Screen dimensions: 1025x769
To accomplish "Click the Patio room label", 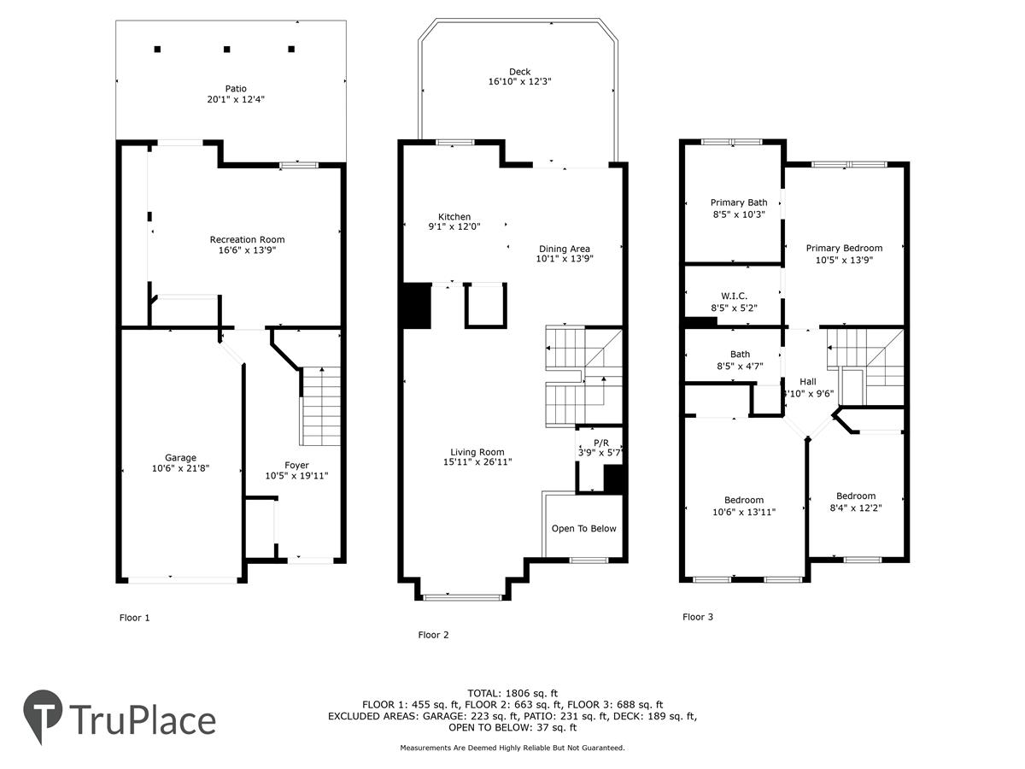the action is pos(236,89).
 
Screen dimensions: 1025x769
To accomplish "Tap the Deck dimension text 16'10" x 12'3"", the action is pos(519,82).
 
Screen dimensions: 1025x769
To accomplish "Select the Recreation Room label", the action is pos(247,239).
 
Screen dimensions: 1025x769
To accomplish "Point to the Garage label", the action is pos(180,458).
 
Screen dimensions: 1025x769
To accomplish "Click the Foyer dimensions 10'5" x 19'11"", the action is pos(296,476).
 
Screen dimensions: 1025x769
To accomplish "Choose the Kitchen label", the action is pos(454,217).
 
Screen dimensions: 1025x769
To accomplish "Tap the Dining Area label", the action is pos(564,249).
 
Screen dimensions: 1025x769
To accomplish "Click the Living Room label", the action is pos(477,452).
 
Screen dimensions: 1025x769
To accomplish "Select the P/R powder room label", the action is pos(601,443).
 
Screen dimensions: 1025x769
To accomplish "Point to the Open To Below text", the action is pos(583,529).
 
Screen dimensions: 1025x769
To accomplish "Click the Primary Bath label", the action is pos(739,203).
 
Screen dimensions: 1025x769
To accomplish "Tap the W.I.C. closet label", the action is pos(734,296).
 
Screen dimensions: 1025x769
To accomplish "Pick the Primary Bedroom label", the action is pos(844,249).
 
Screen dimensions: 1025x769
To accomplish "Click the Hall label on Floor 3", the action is pos(808,382).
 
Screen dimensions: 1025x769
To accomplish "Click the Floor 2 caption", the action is pos(433,635).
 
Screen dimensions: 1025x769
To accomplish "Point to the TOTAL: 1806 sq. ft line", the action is pos(512,693).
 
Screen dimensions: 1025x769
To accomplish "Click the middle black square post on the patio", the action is pos(227,49).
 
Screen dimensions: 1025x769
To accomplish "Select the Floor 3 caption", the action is pos(698,617).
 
